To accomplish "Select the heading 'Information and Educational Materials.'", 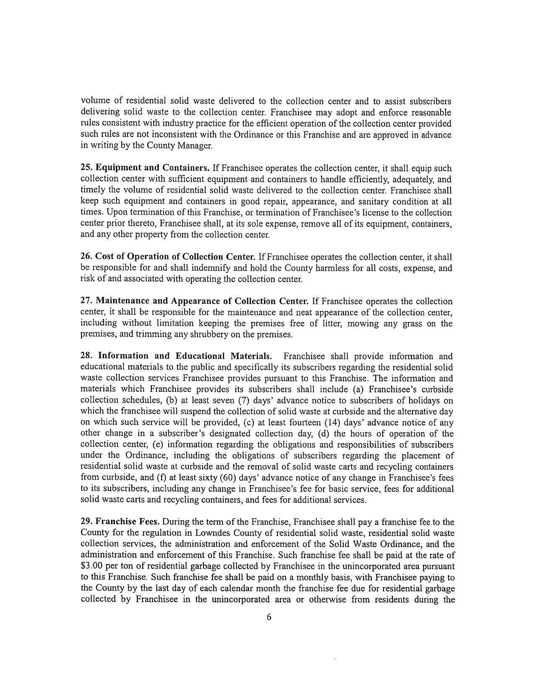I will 185,356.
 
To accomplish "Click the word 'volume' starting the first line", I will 93,101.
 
